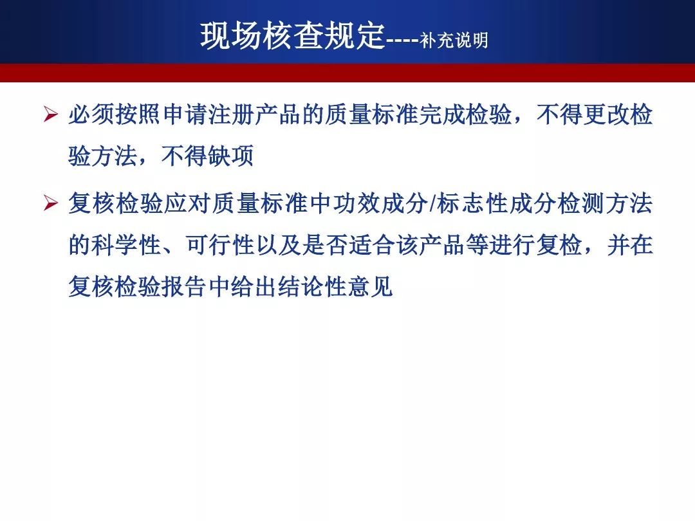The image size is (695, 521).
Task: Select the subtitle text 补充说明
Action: [x=454, y=41]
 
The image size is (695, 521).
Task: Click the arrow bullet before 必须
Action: [x=51, y=114]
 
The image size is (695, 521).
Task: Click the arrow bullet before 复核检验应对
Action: [x=51, y=204]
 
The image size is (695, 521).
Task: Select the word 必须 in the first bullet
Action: [x=91, y=114]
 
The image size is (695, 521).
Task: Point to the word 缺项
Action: [x=231, y=156]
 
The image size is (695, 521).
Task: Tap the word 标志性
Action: [x=472, y=204]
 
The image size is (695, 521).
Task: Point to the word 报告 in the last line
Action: [x=185, y=286]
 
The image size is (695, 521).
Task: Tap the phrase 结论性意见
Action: [x=335, y=286]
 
